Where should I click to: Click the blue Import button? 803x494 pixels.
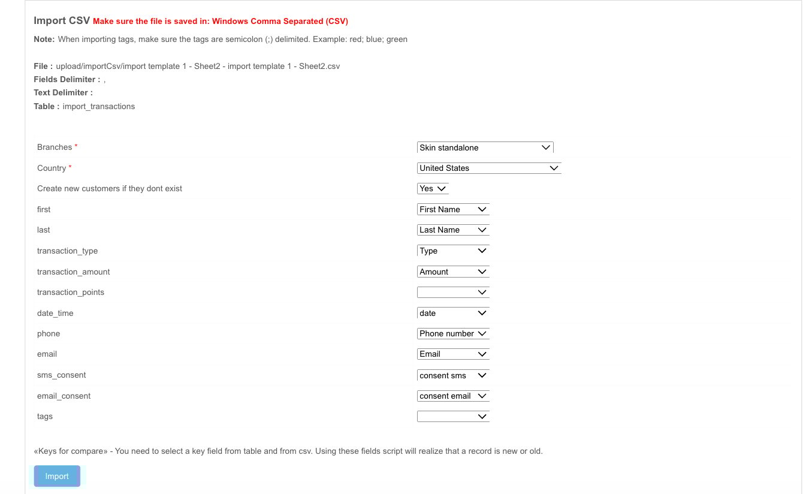[57, 476]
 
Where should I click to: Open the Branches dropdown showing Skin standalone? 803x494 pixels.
[485, 147]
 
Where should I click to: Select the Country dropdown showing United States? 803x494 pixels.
[488, 168]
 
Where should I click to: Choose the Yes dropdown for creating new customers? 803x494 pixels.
[433, 188]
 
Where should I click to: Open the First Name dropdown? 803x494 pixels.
[453, 209]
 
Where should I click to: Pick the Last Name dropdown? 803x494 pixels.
[453, 230]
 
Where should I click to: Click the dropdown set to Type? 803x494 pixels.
[453, 251]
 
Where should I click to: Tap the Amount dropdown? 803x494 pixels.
[453, 272]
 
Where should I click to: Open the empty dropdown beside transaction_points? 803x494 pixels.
[453, 292]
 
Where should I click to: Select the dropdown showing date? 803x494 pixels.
[453, 313]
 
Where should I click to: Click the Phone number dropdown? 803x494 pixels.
[453, 333]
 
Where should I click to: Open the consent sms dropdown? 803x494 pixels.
[453, 375]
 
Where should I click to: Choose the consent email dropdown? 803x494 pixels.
[453, 396]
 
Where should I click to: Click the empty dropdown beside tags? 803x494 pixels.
[453, 416]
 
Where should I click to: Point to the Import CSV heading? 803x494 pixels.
[62, 20]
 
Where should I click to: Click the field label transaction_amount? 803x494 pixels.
[74, 272]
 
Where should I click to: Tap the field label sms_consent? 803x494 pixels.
[62, 375]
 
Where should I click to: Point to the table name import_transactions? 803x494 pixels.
[99, 106]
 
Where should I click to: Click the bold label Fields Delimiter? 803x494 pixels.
[67, 79]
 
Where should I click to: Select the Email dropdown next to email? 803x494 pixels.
[453, 354]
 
